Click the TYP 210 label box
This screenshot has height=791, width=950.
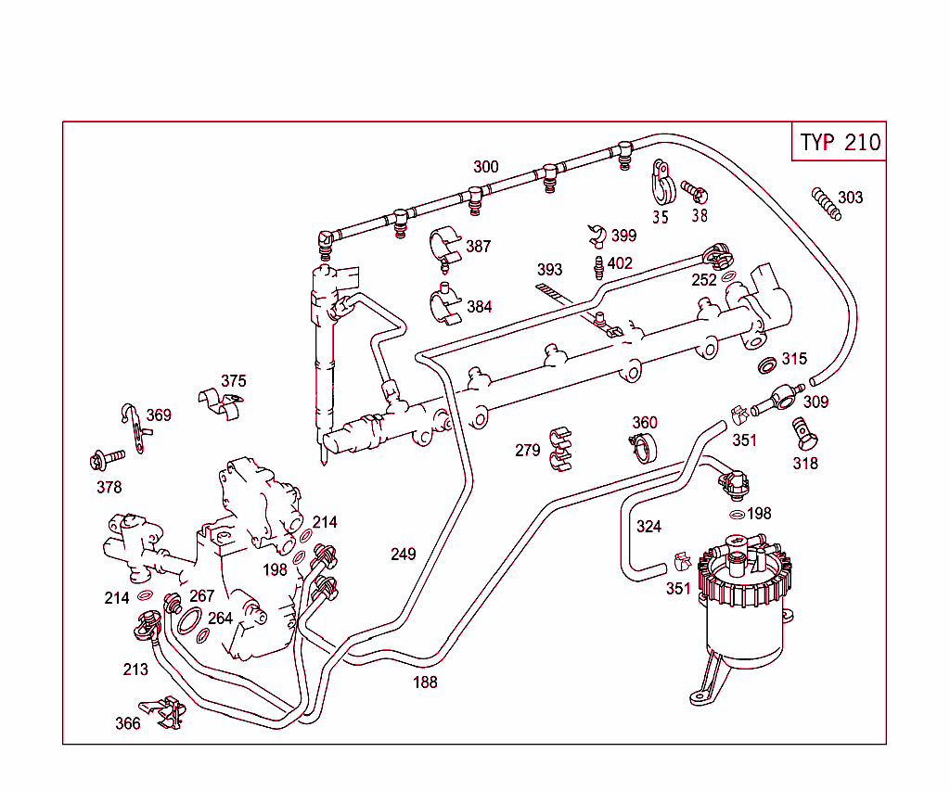click(x=840, y=142)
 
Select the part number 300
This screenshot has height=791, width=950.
click(x=485, y=167)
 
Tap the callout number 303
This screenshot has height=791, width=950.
click(x=850, y=197)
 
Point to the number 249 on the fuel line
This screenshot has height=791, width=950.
click(x=403, y=555)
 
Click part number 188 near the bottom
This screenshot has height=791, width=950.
click(x=425, y=683)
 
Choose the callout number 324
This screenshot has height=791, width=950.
click(x=648, y=527)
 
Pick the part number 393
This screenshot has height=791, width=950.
click(x=549, y=270)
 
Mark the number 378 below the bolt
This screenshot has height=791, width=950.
click(x=109, y=487)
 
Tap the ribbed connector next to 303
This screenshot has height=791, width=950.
click(x=825, y=203)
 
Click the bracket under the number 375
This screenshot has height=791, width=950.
click(x=222, y=401)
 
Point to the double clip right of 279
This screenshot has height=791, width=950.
click(x=562, y=447)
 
